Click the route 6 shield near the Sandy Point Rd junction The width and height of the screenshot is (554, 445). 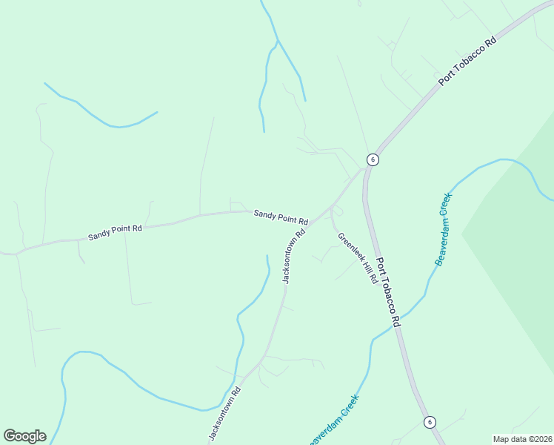coord(373,159)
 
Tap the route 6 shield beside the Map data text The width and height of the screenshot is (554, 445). coord(430,422)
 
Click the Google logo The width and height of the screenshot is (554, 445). coord(24,436)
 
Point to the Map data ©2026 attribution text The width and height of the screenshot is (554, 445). coord(522,439)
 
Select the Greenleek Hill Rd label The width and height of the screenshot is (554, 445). coord(358,259)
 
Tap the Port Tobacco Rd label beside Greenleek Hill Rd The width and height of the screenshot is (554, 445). coord(388,292)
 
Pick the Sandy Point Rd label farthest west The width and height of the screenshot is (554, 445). coord(115,233)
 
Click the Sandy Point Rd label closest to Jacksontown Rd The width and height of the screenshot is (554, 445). coord(281,217)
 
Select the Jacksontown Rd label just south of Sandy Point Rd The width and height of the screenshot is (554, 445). coord(294,256)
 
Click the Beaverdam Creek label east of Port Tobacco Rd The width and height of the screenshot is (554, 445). coord(442,235)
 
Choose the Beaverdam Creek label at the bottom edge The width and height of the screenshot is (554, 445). coord(335,419)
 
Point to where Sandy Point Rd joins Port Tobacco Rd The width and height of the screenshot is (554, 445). coord(364,169)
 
